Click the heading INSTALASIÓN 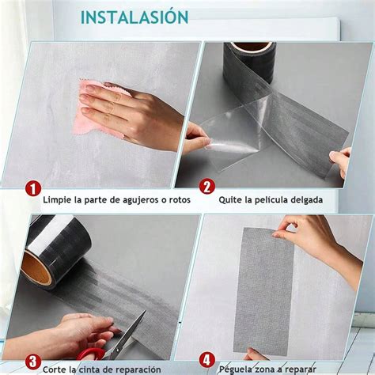(x=134, y=17)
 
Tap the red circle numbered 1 (x=32, y=188)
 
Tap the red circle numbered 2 (x=206, y=187)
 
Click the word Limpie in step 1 (x=59, y=200)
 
